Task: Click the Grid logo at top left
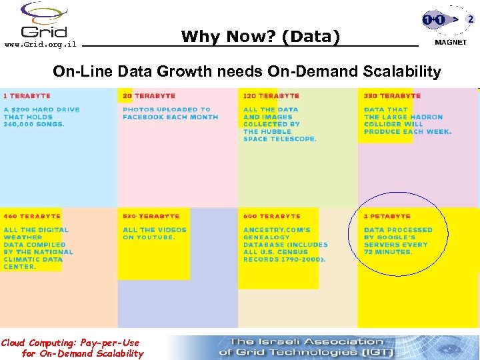(44, 21)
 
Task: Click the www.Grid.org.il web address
(41, 45)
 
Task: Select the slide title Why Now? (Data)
(260, 37)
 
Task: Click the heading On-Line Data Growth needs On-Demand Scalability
(247, 71)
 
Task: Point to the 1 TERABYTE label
(27, 96)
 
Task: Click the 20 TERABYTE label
(149, 96)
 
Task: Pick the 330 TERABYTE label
(392, 96)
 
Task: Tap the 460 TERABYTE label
(32, 216)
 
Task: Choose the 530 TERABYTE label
(151, 216)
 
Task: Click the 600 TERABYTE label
(271, 216)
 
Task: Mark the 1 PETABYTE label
(387, 216)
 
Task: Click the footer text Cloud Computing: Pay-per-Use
(70, 343)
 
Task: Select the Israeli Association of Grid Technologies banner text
(306, 347)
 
